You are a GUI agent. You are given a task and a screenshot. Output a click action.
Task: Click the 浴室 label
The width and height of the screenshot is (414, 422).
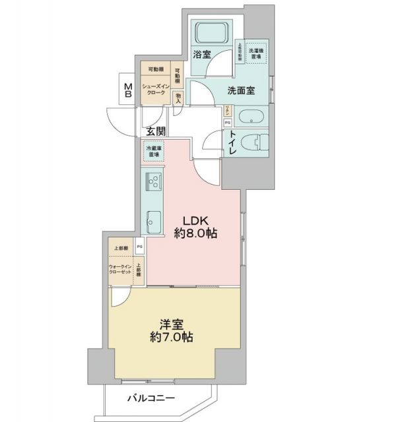tap(202, 55)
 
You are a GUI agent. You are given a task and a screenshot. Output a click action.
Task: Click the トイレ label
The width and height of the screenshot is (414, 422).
tap(233, 143)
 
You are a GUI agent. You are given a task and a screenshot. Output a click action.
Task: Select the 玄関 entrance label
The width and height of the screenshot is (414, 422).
tap(156, 131)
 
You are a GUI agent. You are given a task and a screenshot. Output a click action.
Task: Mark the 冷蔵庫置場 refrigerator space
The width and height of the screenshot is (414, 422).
tap(153, 152)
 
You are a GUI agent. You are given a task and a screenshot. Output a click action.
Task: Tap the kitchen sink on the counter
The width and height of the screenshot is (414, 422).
tap(153, 221)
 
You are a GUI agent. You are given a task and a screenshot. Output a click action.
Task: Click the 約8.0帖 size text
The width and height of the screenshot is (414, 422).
tap(196, 233)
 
